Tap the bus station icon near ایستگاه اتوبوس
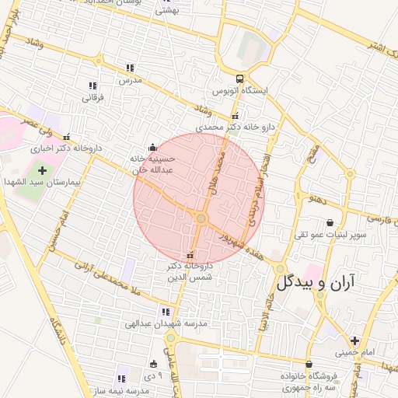tap(239, 79)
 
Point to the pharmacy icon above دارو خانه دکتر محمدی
tap(236, 117)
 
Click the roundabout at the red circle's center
tap(201, 219)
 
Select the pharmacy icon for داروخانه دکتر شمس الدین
tap(190, 256)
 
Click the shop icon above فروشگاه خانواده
tap(309, 364)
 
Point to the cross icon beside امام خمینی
tap(354, 340)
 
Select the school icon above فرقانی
tap(93, 86)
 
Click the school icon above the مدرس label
tap(130, 68)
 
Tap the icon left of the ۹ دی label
tap(153, 363)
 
